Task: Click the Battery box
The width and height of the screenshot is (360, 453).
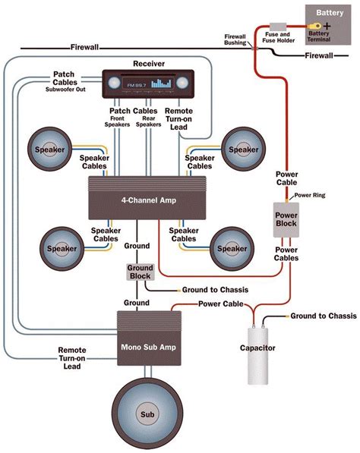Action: pyautogui.click(x=328, y=25)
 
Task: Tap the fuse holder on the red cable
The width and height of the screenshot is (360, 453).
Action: pyautogui.click(x=278, y=27)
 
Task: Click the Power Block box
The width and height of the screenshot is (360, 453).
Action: pyautogui.click(x=286, y=220)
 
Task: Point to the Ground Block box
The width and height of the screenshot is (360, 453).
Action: pyautogui.click(x=141, y=272)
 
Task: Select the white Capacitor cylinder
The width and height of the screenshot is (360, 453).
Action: pyautogui.click(x=257, y=356)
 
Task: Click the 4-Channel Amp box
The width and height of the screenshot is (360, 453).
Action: pyautogui.click(x=147, y=198)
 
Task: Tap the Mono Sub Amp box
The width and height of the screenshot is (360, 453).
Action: pyautogui.click(x=149, y=338)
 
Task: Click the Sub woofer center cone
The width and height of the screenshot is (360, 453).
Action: pyautogui.click(x=147, y=414)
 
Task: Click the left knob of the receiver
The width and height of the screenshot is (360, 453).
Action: pyautogui.click(x=114, y=83)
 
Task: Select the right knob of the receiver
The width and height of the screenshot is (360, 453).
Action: pyautogui.click(x=182, y=83)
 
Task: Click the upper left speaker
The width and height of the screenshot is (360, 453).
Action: pyautogui.click(x=49, y=149)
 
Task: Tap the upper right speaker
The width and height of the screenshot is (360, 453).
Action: pyautogui.click(x=244, y=149)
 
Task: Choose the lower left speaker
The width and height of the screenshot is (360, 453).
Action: pyautogui.click(x=62, y=248)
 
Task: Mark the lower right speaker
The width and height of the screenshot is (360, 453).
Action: pyautogui.click(x=232, y=248)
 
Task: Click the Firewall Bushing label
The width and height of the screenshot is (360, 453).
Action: pyautogui.click(x=235, y=39)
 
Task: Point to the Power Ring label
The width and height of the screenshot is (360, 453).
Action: pyautogui.click(x=310, y=195)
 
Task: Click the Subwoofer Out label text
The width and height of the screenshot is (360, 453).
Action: pyautogui.click(x=65, y=90)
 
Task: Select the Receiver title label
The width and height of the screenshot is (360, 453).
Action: pyautogui.click(x=149, y=64)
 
